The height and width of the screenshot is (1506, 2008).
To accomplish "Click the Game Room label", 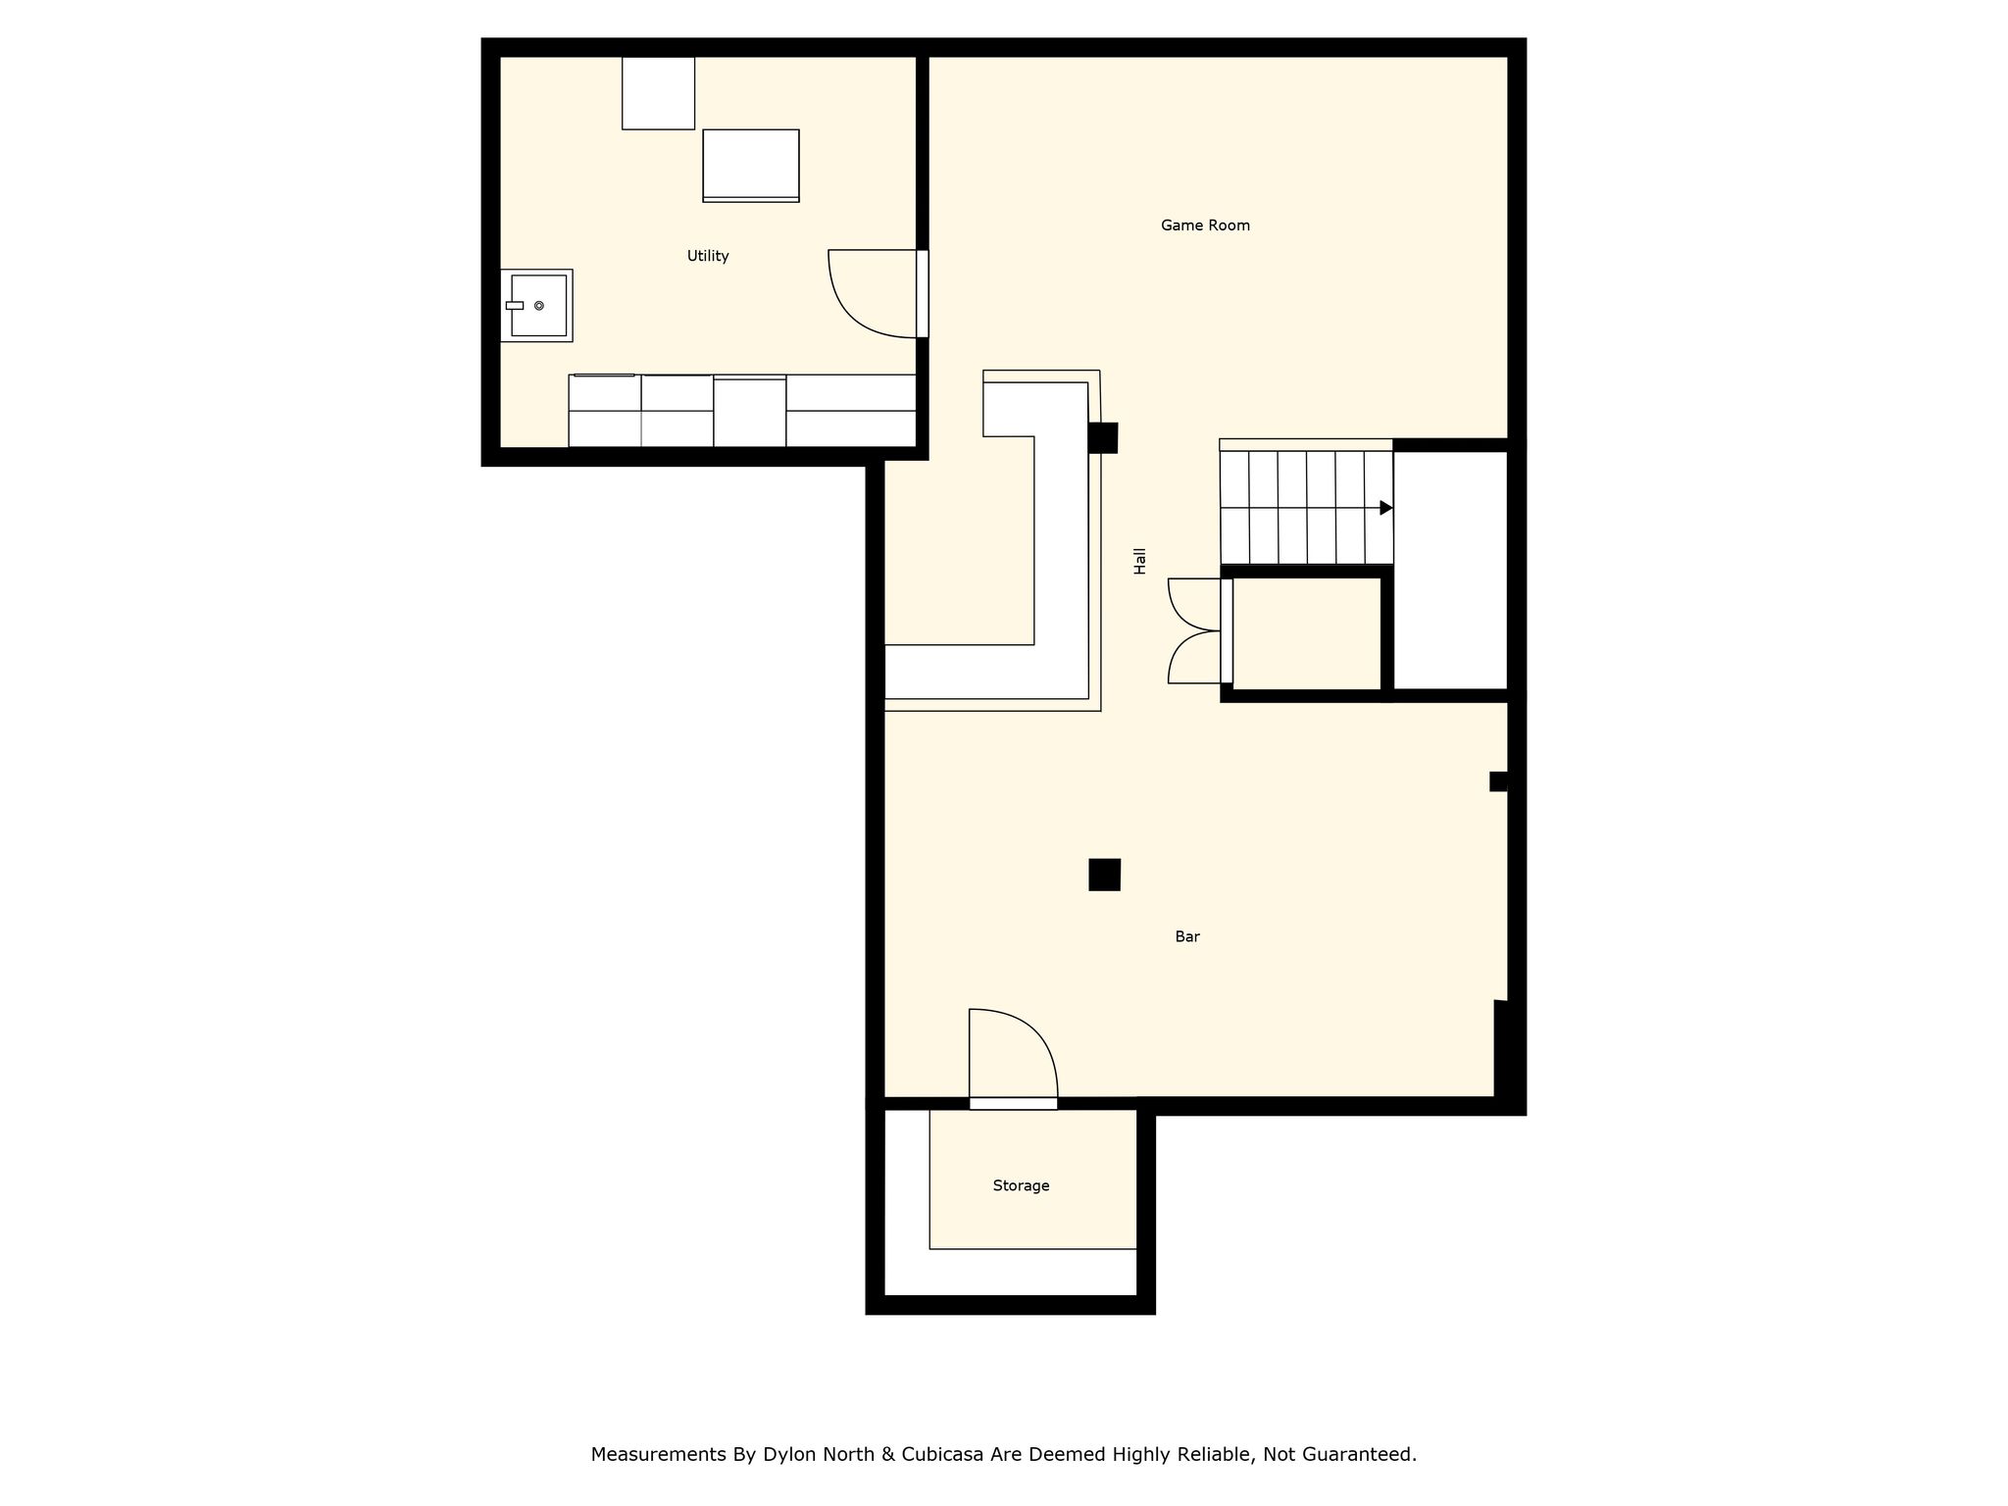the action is click(x=1205, y=226).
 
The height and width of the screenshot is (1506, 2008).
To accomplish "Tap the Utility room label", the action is click(x=708, y=256).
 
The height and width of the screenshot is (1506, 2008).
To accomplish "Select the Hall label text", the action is click(x=1140, y=561).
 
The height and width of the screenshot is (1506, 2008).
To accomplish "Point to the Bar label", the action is click(x=1187, y=936).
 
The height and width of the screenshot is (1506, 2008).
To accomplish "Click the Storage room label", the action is click(x=1021, y=1185).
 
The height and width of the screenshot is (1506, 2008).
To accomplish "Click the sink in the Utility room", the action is click(x=536, y=306).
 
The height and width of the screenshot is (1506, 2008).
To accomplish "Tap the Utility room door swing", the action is click(x=874, y=294).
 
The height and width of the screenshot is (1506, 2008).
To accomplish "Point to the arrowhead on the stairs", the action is click(x=1386, y=508).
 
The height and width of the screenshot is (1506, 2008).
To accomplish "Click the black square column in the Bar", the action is click(x=1104, y=875).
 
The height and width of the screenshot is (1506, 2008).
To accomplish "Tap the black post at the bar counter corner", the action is click(x=1103, y=437).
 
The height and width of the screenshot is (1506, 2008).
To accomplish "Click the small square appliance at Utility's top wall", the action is click(x=658, y=93).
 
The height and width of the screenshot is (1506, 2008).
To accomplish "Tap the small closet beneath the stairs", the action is click(x=1307, y=633).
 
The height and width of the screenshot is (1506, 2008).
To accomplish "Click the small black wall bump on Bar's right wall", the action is click(x=1498, y=781).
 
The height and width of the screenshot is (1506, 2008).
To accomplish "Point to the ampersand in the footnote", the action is click(x=888, y=1454).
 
